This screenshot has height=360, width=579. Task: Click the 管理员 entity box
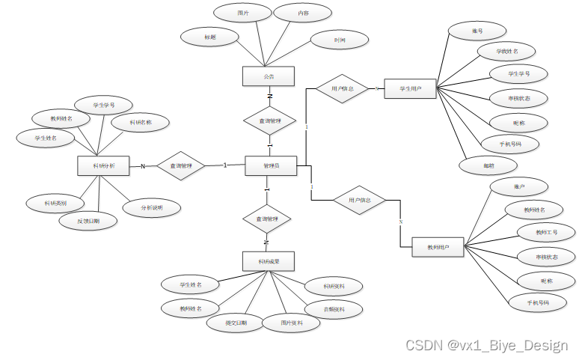pos(271,165)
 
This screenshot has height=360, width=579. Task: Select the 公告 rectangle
pos(269,76)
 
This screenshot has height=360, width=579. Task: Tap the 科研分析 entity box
pos(104,165)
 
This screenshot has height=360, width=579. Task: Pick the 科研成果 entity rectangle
pos(269,260)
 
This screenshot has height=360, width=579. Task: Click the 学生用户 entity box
pos(410,89)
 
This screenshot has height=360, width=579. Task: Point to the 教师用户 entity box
pos(438,246)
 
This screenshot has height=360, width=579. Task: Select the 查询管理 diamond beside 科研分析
pos(180,165)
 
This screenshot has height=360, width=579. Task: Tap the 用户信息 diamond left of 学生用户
pos(341,88)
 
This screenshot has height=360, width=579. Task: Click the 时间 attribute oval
pos(339,40)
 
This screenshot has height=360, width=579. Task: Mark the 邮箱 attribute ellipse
pos(488,164)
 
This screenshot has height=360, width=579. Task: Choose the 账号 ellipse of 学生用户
pos(477,31)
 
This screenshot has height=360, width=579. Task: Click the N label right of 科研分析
pos(143,166)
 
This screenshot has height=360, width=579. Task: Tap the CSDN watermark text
pos(486,345)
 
